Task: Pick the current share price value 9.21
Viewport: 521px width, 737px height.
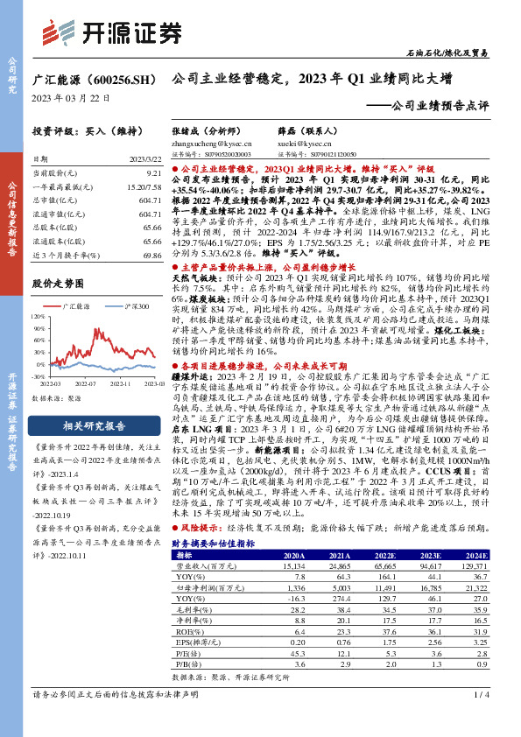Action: point(154,174)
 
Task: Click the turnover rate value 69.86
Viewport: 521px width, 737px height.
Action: point(151,250)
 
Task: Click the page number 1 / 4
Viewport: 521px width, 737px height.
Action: point(481,719)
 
